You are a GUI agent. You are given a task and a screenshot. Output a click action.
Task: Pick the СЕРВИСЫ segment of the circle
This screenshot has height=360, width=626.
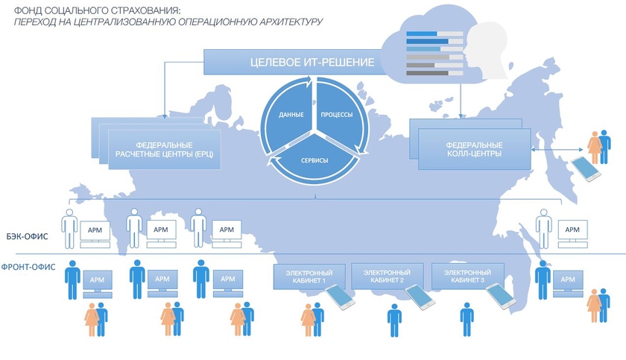[313, 157]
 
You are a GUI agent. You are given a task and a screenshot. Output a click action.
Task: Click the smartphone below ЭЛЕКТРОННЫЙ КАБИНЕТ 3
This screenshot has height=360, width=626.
[501, 297]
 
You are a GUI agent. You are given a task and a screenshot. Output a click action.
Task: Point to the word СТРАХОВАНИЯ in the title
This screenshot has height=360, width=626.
[149, 10]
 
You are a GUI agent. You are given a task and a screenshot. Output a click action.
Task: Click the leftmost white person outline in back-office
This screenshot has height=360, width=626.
[70, 227]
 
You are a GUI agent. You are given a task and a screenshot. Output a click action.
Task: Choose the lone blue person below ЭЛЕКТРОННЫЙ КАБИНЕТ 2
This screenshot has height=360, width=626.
[394, 321]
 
